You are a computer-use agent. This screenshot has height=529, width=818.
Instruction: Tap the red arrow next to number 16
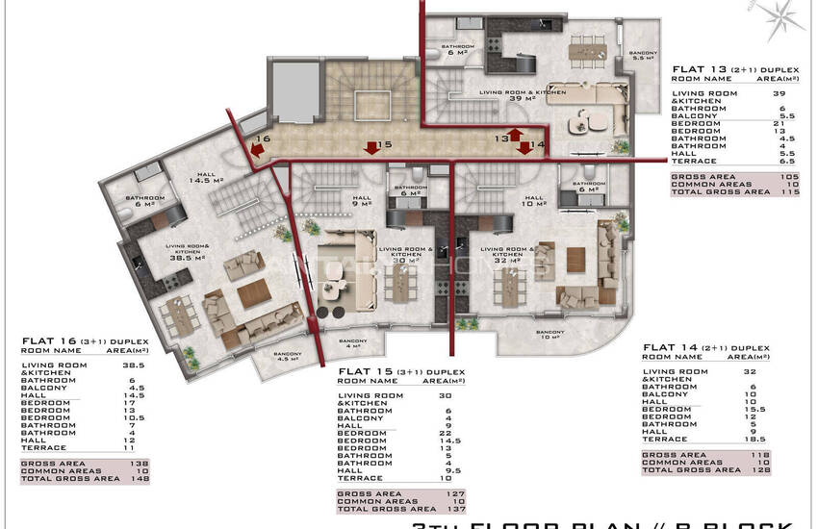point(258,149)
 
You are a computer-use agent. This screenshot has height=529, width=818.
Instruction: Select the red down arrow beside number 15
point(371,147)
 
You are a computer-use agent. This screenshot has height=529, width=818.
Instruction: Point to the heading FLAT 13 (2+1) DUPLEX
point(719,69)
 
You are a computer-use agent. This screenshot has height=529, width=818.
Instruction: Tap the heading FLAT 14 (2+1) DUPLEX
point(705,346)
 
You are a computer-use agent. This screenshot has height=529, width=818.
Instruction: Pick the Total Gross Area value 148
point(139,478)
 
